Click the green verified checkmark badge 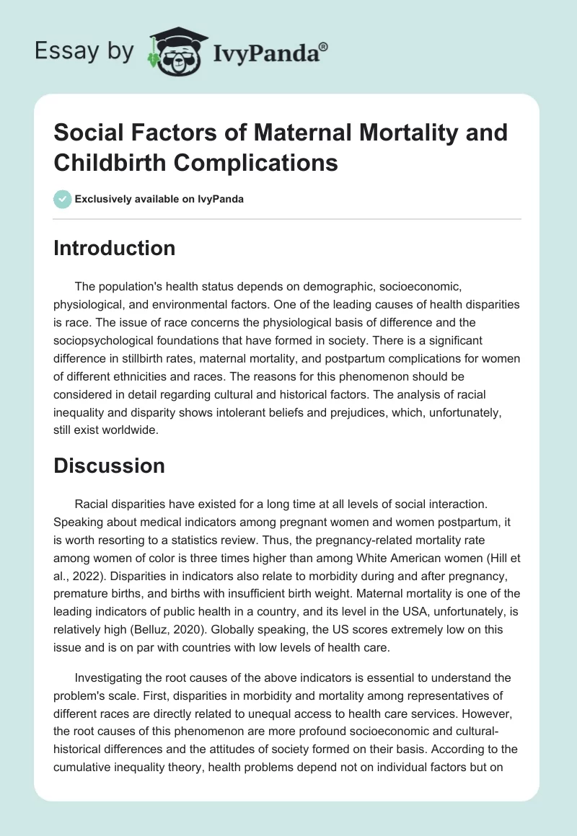point(62,199)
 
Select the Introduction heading point(114,248)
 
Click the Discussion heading point(109,466)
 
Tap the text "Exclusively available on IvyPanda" point(160,199)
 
